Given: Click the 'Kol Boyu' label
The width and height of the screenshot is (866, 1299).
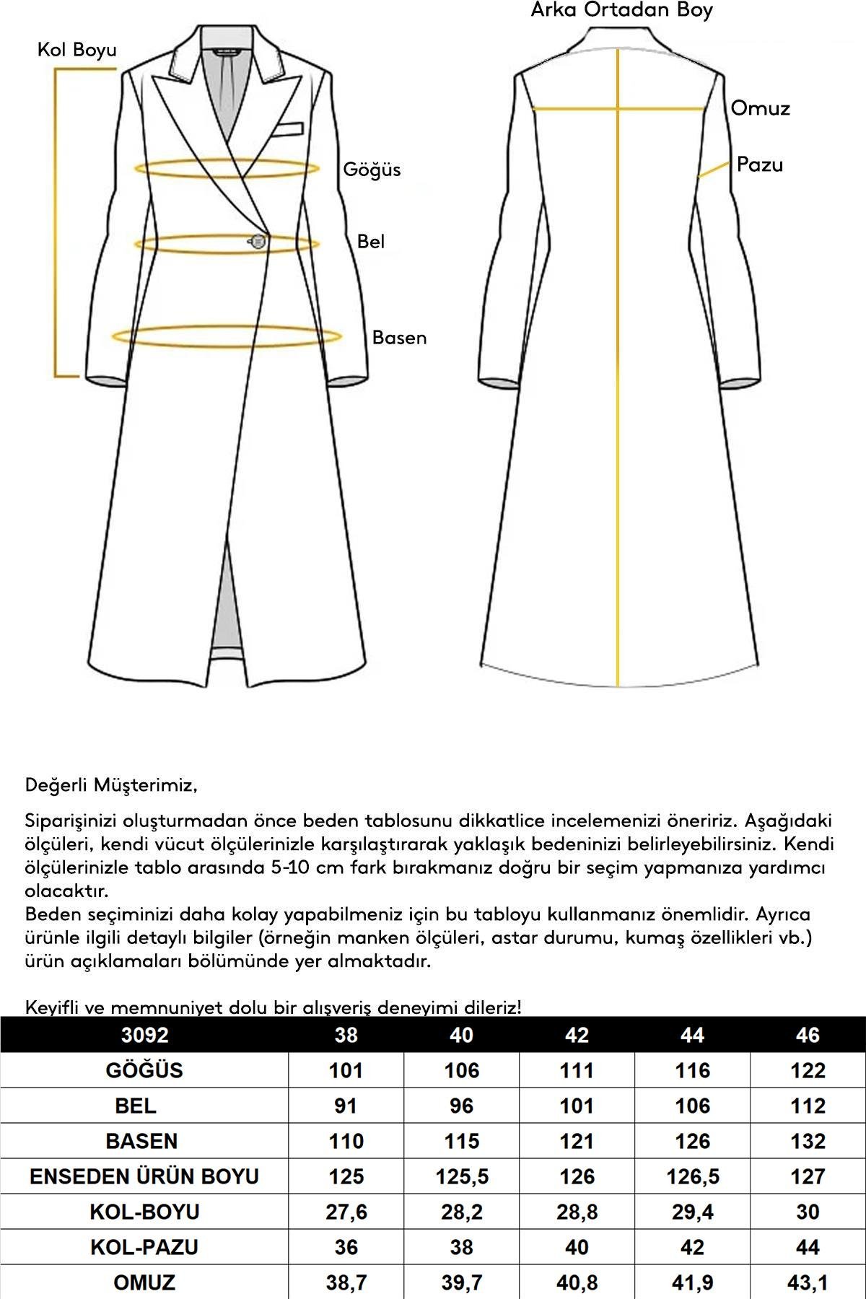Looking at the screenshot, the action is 76,50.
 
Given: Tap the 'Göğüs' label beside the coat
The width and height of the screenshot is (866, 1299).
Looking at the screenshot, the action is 372,170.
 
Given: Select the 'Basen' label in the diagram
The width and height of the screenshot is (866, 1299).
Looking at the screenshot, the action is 399,338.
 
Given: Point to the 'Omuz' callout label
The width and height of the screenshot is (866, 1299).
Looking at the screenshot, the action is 760,108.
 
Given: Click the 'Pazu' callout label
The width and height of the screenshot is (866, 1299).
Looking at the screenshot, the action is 759,165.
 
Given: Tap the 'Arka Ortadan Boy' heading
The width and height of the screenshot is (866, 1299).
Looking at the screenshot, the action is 621,10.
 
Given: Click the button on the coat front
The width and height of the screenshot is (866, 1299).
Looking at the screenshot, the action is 258,242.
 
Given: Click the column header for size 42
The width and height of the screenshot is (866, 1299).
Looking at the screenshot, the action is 577,1035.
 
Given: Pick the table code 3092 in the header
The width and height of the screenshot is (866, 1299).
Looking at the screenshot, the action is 144,1035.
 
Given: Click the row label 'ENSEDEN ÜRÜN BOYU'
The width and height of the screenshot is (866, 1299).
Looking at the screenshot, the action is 144,1176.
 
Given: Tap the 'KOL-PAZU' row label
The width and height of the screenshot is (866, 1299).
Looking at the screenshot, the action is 144,1247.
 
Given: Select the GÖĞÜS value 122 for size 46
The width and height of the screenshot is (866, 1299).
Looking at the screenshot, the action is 807,1070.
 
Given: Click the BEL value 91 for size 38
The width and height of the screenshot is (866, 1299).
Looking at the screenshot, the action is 346,1106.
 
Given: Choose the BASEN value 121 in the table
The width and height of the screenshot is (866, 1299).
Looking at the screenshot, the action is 577,1141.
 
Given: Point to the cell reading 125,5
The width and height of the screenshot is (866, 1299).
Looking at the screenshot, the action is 461,1176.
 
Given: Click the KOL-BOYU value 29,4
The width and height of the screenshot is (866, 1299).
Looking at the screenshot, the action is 692,1212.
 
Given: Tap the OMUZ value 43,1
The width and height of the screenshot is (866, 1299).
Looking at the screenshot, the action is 807,1282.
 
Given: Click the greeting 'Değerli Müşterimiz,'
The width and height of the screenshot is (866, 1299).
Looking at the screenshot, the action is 111,784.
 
